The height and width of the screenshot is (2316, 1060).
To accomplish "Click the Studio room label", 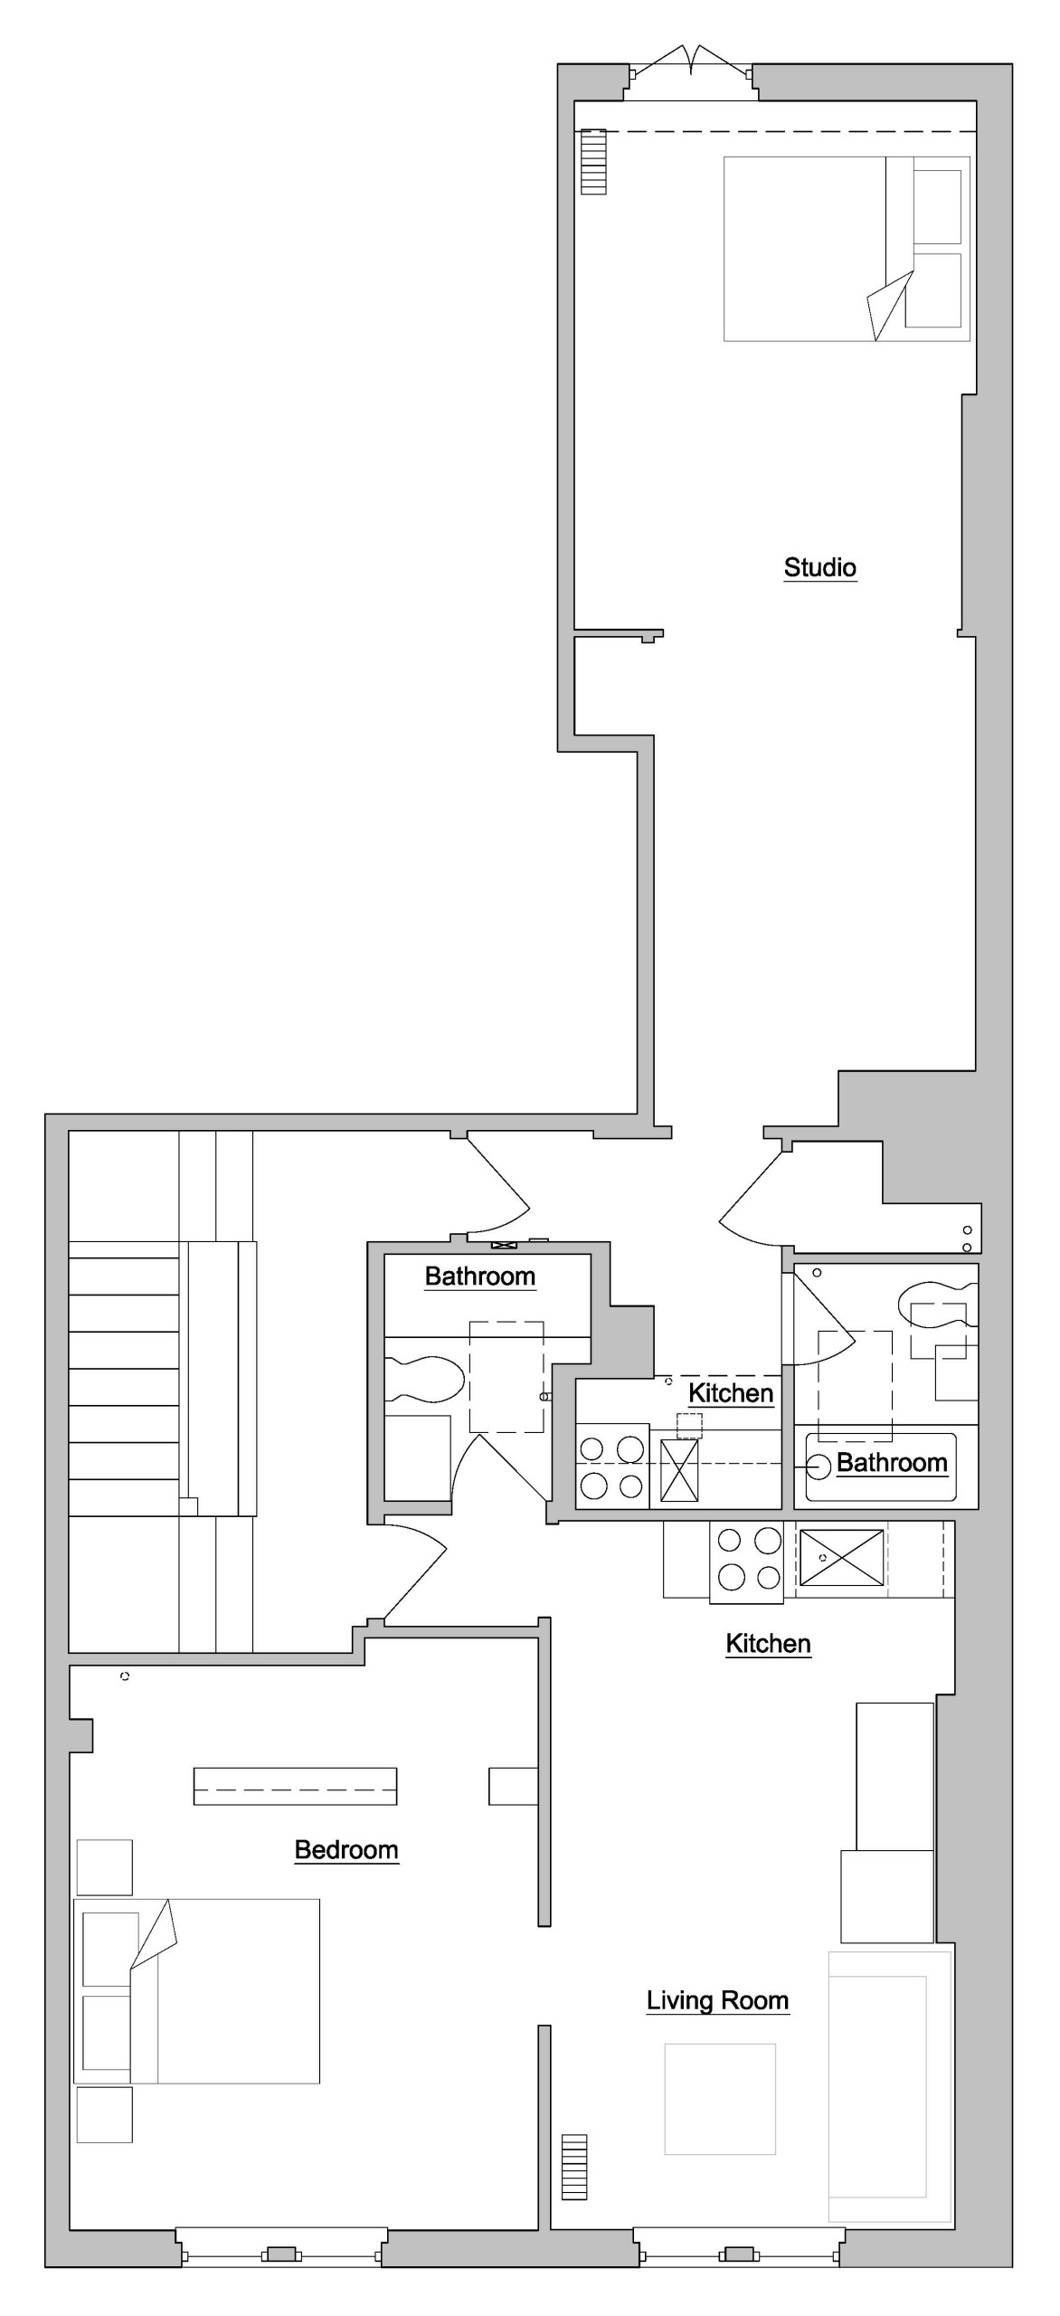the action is [x=819, y=567].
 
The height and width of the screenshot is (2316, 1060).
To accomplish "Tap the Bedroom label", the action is [x=346, y=1850].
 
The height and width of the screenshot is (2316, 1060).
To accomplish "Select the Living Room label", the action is [x=717, y=2000].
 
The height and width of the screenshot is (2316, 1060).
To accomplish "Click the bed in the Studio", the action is [x=847, y=249].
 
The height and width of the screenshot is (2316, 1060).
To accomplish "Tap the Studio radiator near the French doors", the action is [x=593, y=162].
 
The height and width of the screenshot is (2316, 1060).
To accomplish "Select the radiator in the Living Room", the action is [x=574, y=2167].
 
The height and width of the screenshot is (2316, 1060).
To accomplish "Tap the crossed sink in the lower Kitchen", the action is [x=841, y=1558].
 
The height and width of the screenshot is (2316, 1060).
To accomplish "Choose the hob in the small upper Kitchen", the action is [x=612, y=1466].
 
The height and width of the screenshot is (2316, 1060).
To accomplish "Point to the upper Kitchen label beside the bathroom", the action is [x=731, y=1393].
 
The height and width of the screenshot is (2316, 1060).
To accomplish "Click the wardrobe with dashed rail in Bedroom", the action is [x=295, y=1786].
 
